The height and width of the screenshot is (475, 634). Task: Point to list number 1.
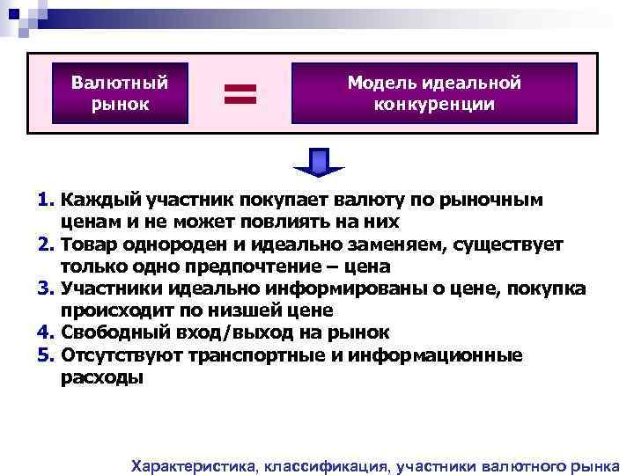click(46, 200)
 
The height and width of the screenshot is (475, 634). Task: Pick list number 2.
click(46, 244)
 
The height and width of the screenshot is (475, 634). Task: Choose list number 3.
click(46, 289)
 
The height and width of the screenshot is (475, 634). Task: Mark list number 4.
click(46, 332)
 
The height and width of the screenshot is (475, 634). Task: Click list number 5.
click(46, 354)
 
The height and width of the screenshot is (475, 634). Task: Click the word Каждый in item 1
click(96, 200)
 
